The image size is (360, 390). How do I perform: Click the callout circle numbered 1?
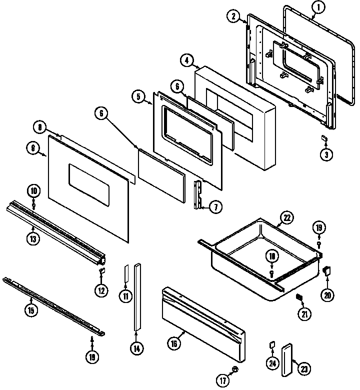coord(318,7)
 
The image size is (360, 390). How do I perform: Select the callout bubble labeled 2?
coord(233,16)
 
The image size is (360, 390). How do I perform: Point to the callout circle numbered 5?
coord(138,96)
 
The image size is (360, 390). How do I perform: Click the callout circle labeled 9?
coord(33,147)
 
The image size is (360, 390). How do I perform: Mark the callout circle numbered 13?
coord(32,238)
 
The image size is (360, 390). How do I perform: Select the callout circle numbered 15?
coord(30,310)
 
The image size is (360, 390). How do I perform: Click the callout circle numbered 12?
coord(101,290)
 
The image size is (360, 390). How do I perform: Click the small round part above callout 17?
coord(235,369)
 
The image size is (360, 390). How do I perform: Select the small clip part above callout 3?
coord(324,137)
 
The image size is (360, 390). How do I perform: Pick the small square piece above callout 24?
coord(271,344)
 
